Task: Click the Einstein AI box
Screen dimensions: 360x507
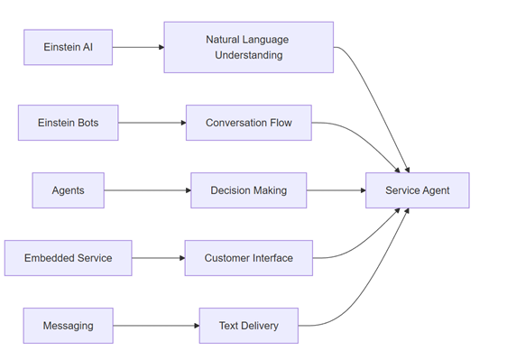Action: [69, 47]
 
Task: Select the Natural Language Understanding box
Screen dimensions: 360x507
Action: [248, 47]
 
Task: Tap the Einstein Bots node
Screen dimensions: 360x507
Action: [68, 123]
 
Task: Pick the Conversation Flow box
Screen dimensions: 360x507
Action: [249, 123]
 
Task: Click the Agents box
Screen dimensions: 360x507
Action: [68, 190]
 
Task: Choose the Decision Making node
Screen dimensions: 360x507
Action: [248, 190]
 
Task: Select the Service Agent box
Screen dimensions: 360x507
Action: [417, 190]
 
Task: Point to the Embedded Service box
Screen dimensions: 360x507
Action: [68, 258]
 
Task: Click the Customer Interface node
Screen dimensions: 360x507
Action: [248, 258]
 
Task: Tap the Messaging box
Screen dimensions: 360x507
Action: [69, 326]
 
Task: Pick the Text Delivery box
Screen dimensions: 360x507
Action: [248, 326]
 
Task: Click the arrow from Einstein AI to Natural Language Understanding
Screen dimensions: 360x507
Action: [138, 47]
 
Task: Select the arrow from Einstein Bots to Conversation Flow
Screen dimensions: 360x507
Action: [152, 123]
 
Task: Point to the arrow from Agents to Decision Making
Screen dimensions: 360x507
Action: [147, 190]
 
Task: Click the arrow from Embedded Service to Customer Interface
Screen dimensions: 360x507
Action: [158, 258]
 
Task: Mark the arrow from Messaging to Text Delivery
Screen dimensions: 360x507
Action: [156, 326]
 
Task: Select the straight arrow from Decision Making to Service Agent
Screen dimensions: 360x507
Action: [336, 190]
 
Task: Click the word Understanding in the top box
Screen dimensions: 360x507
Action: [248, 55]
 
